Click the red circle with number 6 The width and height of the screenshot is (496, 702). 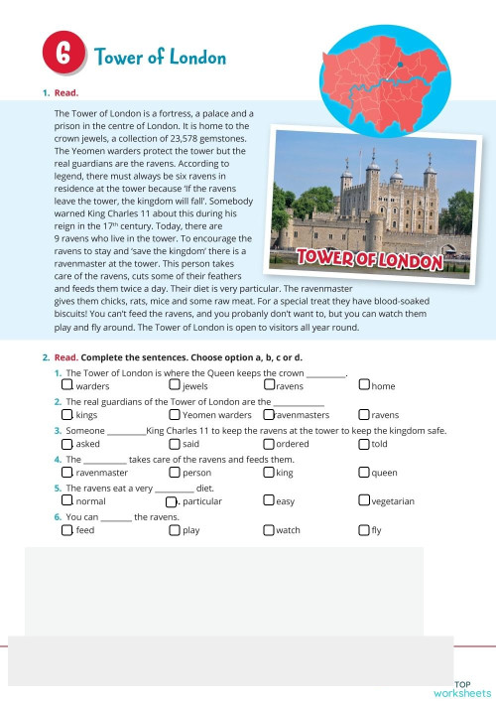(x=65, y=58)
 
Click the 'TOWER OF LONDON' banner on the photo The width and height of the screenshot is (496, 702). (x=368, y=260)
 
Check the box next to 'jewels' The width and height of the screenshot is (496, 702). (x=175, y=385)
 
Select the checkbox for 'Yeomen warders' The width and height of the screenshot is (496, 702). (x=175, y=414)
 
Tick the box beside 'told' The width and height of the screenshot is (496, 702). (x=364, y=444)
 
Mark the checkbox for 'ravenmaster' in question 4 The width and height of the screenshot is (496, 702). (x=66, y=473)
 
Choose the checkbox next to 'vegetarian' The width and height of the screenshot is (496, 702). (x=364, y=501)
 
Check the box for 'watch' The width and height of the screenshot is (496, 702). (x=269, y=530)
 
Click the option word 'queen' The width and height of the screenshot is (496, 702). (x=384, y=474)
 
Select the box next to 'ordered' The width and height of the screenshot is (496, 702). (x=269, y=444)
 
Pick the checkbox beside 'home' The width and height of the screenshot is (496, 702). (x=364, y=385)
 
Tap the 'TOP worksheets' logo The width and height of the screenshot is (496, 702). (x=461, y=688)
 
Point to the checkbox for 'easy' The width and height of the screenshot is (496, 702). (x=269, y=501)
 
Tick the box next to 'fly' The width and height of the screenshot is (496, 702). (x=364, y=530)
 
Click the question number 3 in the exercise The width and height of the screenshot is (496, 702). (x=58, y=431)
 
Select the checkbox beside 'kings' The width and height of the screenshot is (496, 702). (x=66, y=414)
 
